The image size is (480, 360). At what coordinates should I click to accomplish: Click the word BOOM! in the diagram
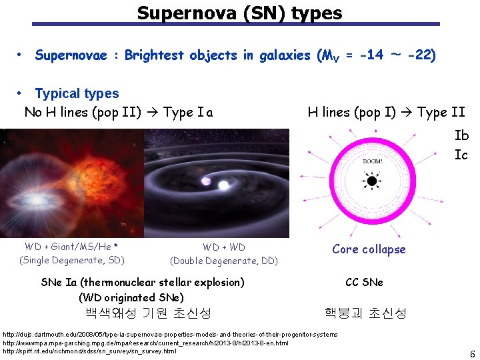point(372,161)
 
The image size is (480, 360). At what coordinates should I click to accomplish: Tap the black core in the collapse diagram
point(370,181)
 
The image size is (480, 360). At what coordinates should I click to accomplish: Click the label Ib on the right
point(461,135)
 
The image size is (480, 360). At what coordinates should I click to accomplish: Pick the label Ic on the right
point(461,155)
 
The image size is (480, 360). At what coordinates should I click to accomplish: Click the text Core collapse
point(369,249)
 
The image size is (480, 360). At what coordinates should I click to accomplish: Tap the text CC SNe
point(364,282)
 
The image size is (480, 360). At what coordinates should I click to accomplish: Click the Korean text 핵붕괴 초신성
point(365,313)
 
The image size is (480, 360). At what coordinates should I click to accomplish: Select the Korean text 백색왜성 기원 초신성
point(148,313)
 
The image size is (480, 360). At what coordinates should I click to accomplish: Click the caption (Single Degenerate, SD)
point(72,260)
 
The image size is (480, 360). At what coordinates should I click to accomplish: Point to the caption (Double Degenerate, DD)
point(224,261)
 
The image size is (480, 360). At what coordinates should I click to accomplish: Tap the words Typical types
point(77,94)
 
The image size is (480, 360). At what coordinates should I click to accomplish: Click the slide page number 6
point(472,354)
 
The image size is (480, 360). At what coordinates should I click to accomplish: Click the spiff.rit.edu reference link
point(90,351)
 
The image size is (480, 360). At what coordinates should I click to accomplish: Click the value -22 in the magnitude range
point(421,55)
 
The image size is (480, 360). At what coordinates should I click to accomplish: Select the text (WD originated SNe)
point(131,297)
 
